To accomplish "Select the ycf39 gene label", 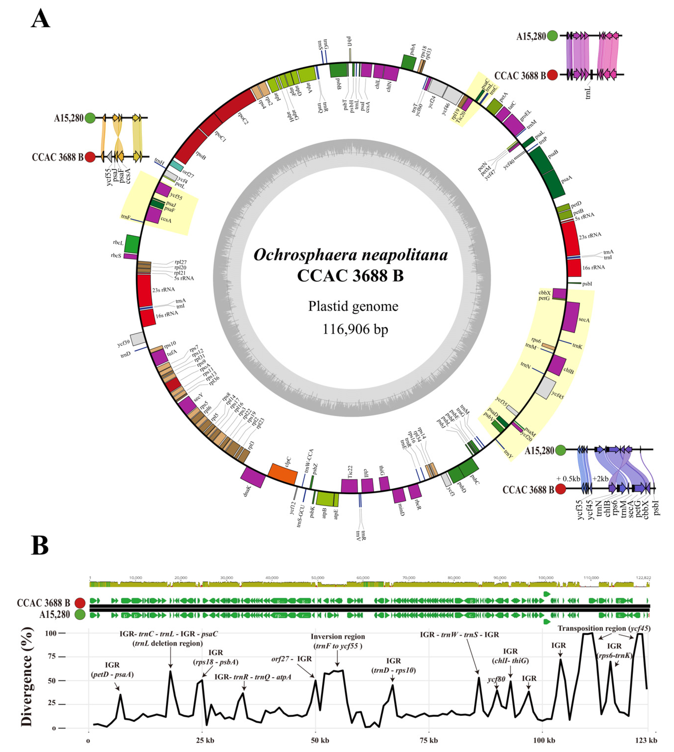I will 123,343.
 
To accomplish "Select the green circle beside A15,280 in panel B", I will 80,615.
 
